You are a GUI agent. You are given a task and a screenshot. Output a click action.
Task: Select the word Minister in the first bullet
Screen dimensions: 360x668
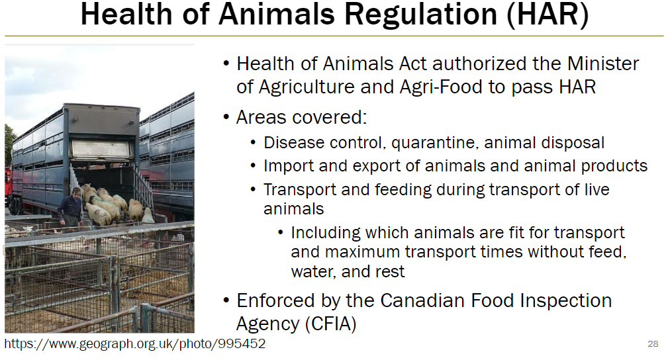click(603, 64)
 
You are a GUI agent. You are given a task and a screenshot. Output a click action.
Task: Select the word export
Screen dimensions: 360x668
click(358, 166)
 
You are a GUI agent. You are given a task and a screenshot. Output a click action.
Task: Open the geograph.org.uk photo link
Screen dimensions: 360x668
click(135, 344)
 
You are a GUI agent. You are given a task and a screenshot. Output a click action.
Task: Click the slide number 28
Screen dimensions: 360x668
click(652, 344)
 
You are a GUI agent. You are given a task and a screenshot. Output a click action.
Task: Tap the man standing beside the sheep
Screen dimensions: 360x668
click(71, 208)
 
